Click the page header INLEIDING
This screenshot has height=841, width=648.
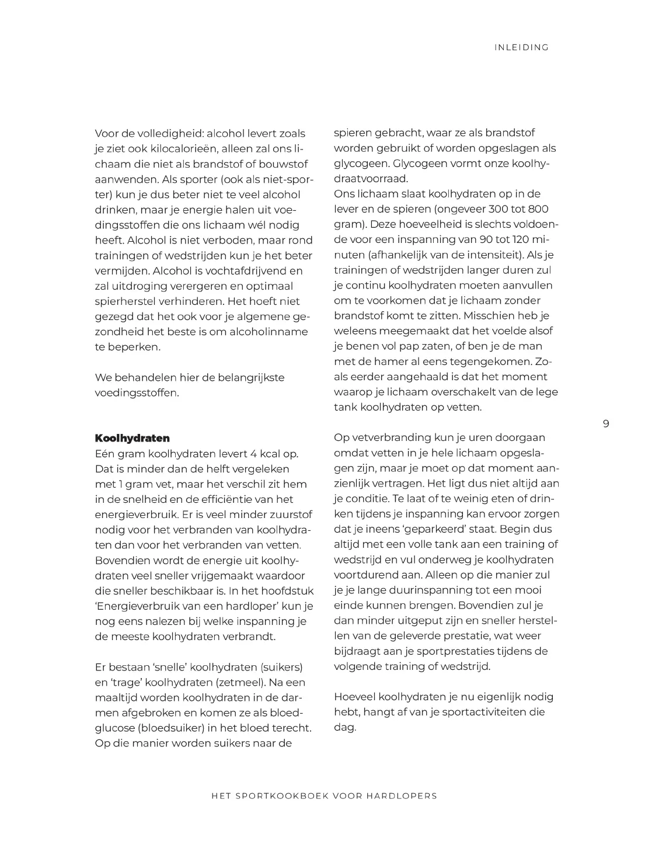[x=521, y=48]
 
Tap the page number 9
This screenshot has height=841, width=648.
[x=605, y=423]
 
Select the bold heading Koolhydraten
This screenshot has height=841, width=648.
[x=132, y=438]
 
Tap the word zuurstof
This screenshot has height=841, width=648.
[x=290, y=515]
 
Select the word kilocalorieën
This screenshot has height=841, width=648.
[x=176, y=148]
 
